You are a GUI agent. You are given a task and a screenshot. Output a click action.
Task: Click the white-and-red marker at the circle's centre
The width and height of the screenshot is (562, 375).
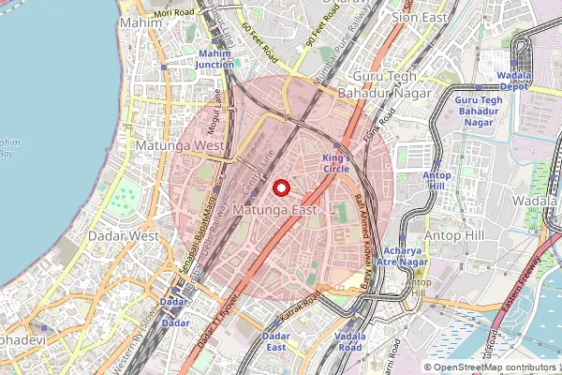[280, 188]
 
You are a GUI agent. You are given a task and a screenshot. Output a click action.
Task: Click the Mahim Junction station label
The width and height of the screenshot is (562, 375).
[215, 59]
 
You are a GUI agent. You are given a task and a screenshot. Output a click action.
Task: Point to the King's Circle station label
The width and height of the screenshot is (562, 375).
[335, 163]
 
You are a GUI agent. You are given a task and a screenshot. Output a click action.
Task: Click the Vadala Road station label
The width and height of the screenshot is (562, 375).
[349, 341]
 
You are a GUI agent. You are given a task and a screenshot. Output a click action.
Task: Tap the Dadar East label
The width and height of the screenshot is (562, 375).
[275, 341]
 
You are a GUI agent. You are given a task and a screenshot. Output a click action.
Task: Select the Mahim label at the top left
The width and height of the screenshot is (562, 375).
[140, 21]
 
